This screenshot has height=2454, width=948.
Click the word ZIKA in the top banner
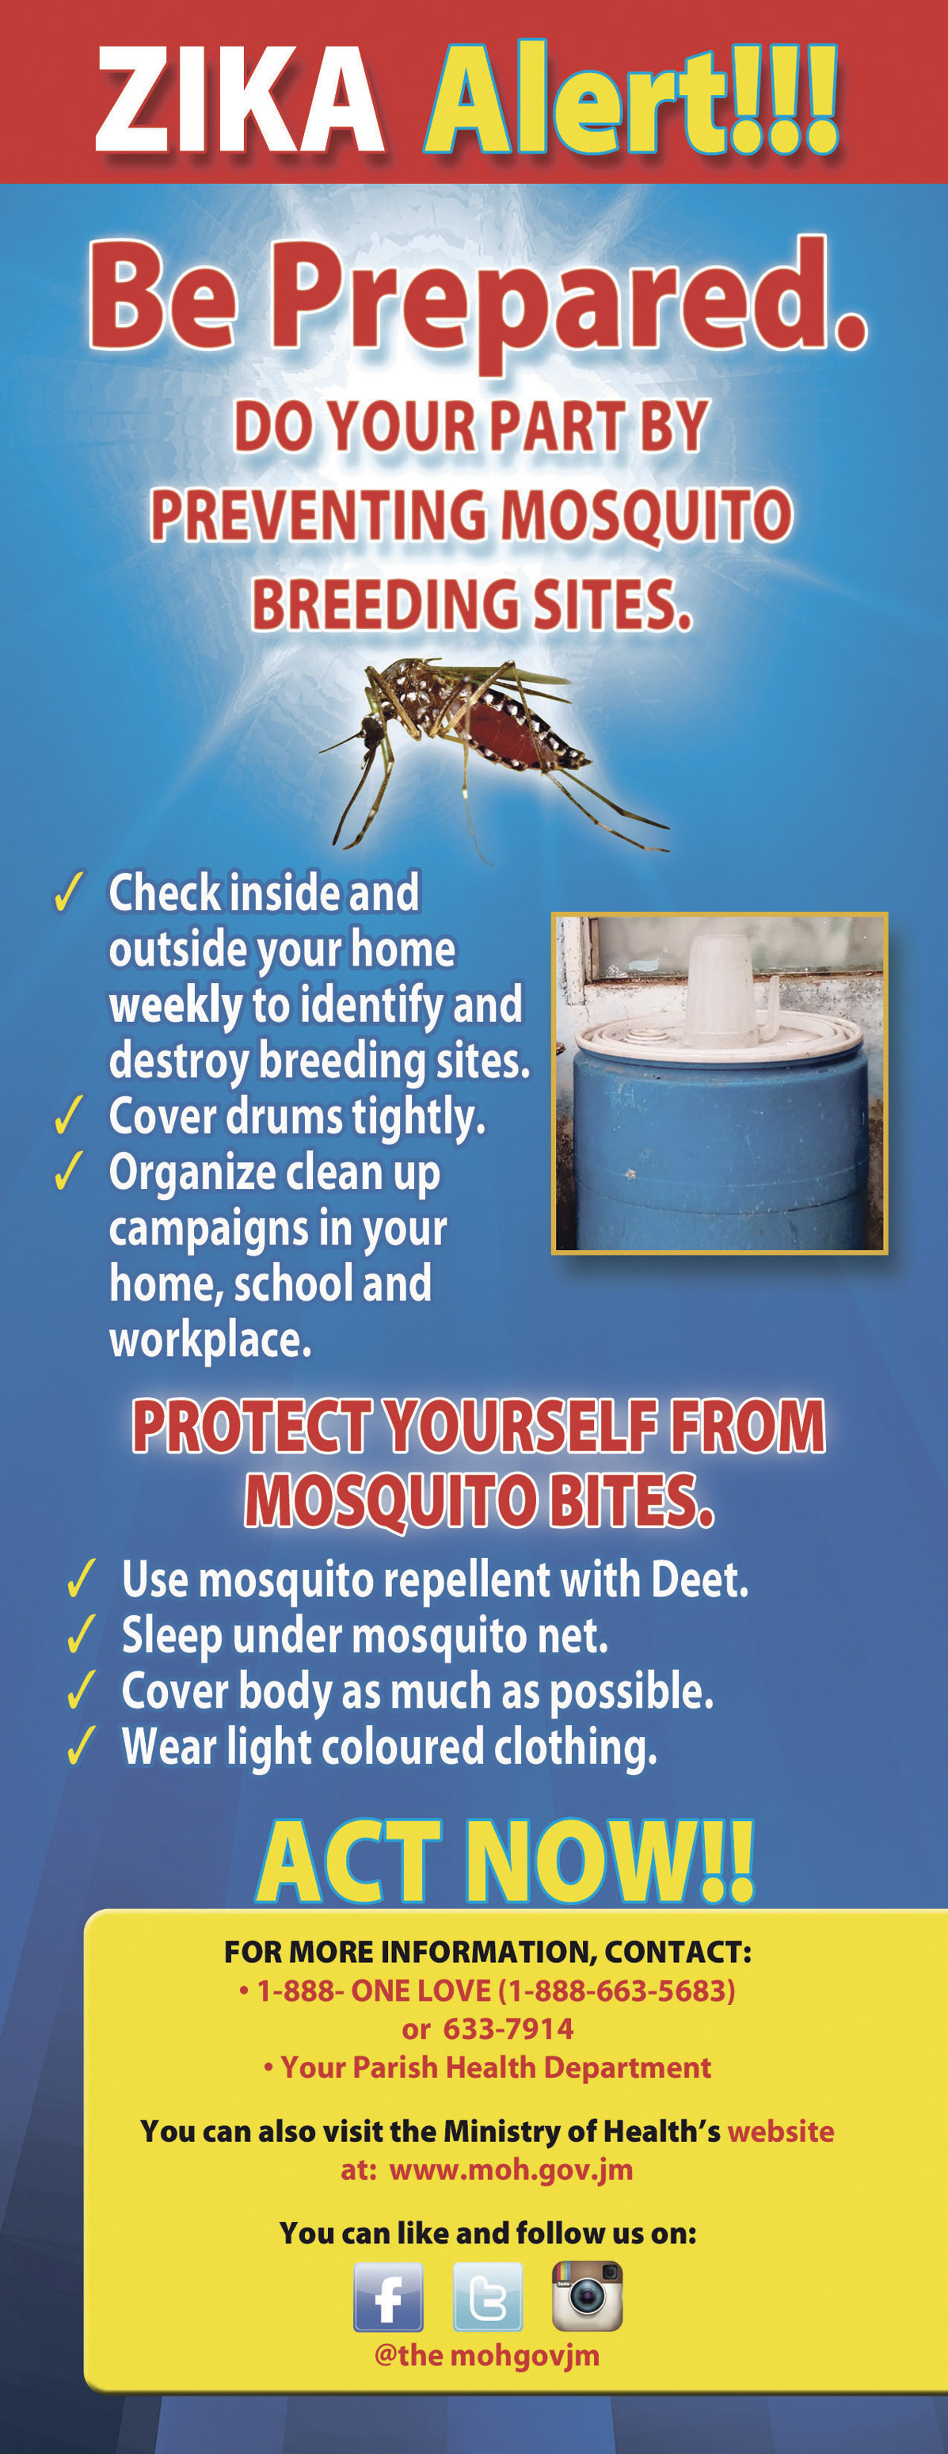tap(241, 100)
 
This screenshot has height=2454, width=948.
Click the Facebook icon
tap(389, 2297)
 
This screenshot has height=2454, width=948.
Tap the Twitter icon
tap(488, 2297)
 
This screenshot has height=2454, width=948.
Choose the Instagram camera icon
tap(588, 2296)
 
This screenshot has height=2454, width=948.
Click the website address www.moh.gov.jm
tap(512, 2171)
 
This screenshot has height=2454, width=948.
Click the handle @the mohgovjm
tap(487, 2355)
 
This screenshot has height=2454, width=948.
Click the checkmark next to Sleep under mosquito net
tap(82, 1635)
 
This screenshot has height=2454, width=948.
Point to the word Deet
tap(699, 1579)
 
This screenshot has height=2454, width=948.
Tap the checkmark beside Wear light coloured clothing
tap(82, 1745)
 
